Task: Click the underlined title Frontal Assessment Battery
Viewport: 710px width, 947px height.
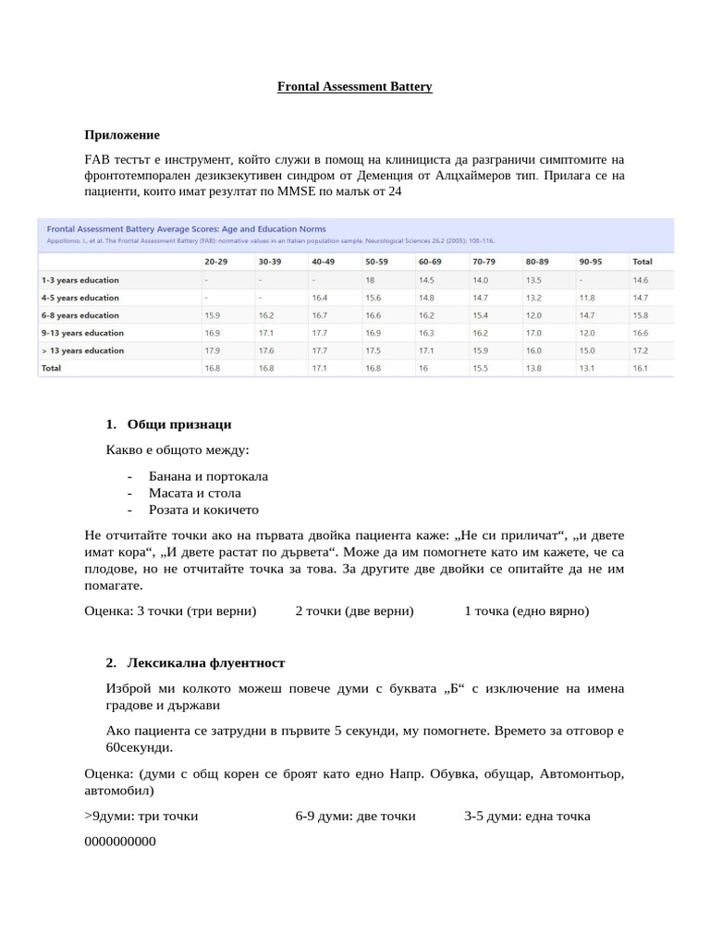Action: [355, 87]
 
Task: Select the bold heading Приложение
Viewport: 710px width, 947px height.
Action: [122, 135]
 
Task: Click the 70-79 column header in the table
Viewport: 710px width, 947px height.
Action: [484, 262]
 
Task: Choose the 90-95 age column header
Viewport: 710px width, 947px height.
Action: [590, 262]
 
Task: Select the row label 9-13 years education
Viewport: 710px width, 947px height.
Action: [82, 333]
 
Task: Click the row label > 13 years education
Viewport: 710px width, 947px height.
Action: [82, 351]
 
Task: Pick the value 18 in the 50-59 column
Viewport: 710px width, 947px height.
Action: [370, 279]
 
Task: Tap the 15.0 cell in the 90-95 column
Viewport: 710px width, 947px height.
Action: [586, 351]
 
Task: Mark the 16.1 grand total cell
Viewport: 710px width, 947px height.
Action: [640, 368]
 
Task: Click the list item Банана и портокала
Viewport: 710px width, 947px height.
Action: [208, 476]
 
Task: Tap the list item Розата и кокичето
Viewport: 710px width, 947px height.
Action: [203, 510]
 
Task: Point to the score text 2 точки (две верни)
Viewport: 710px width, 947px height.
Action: [354, 611]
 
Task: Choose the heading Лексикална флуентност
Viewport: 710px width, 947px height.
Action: [206, 663]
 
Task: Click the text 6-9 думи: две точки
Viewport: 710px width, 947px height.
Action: [355, 817]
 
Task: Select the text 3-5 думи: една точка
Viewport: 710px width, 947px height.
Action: [527, 817]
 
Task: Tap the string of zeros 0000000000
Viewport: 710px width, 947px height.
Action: [120, 842]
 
